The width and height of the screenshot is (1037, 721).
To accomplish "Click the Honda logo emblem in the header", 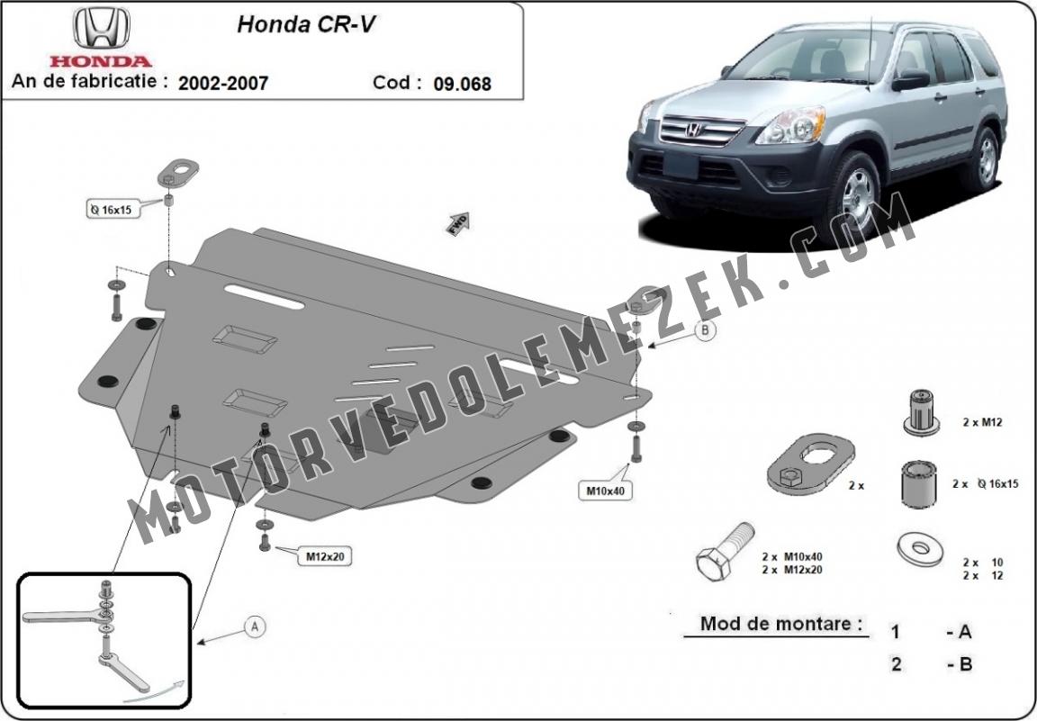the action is pos(101,28).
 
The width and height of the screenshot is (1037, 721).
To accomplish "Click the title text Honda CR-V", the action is pos(307,24).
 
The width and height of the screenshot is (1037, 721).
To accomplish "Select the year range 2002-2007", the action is pos(223,83).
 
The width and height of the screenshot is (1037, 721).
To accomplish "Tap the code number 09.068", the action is pos(463,84).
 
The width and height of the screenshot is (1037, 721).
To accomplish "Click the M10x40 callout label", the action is pos(605,491).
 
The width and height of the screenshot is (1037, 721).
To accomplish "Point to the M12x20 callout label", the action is pos(325,557).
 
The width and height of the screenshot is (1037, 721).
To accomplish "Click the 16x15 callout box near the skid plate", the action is pos(112,210).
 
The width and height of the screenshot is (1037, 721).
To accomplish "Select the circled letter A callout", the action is pos(255,626).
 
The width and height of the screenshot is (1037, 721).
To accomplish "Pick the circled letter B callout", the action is pos(706,329).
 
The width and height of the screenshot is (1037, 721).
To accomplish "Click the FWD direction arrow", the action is pos(457,223).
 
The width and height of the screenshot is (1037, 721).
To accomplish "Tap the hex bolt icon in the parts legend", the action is pos(725,551).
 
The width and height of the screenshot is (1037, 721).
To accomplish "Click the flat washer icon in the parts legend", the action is pos(920,549).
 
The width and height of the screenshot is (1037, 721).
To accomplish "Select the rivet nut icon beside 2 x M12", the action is pos(921,412).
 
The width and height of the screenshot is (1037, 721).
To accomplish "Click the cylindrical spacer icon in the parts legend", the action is pos(918,485).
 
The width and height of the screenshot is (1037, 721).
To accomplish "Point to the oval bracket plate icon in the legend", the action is pos(811,464).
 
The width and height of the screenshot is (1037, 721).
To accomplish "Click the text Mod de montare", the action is pos(781,623).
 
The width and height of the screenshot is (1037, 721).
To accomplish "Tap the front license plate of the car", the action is pos(681,164).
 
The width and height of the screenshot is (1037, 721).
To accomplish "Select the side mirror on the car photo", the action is pos(911,80).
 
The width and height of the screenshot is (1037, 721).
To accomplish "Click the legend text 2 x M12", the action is pos(982,421).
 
